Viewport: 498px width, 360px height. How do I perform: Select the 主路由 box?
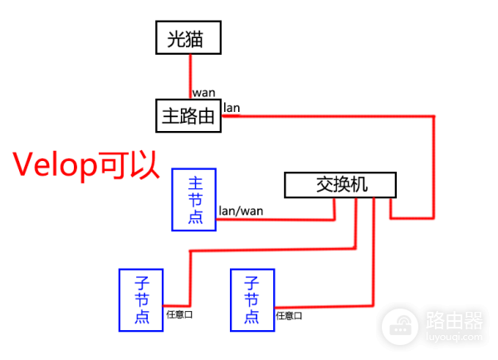point(189,116)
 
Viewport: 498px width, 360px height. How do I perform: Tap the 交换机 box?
point(340,185)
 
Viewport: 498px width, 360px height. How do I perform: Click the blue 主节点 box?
point(194,200)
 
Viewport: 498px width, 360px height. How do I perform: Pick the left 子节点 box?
point(141,299)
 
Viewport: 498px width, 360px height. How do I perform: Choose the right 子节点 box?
point(251,299)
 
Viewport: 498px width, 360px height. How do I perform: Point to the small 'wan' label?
point(205,92)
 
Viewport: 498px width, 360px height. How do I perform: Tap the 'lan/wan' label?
point(241,211)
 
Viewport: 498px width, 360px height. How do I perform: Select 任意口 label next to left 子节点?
point(179,314)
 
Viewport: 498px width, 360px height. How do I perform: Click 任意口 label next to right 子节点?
point(289,315)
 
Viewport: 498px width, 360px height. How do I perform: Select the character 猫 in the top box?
point(203,38)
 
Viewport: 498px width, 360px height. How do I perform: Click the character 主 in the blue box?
point(194,182)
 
